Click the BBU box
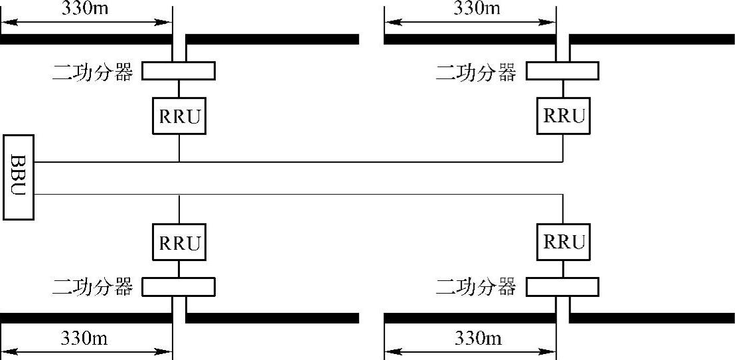pyautogui.click(x=18, y=177)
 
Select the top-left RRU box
pyautogui.click(x=179, y=115)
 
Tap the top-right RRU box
pyautogui.click(x=564, y=115)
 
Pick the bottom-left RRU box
pyautogui.click(x=179, y=242)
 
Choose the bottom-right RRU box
pyautogui.click(x=564, y=242)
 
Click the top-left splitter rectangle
pyautogui.click(x=179, y=70)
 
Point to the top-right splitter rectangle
pyautogui.click(x=563, y=70)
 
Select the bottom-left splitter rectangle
pyautogui.click(x=179, y=287)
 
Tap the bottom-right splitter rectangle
pyautogui.click(x=563, y=287)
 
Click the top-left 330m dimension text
pyautogui.click(x=86, y=8)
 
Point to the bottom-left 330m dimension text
pyautogui.click(x=86, y=338)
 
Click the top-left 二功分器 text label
pyautogui.click(x=93, y=72)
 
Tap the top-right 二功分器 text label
pyautogui.click(x=476, y=72)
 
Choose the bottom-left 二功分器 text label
pyautogui.click(x=93, y=288)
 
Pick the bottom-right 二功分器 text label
pyautogui.click(x=476, y=288)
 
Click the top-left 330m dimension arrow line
pyautogui.click(x=86, y=22)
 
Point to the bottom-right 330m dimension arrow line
pyautogui.click(x=470, y=351)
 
